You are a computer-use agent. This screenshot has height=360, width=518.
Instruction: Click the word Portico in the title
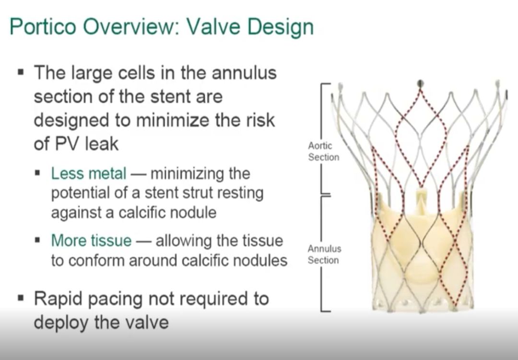(43, 26)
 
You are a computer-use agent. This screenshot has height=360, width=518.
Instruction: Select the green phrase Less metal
(89, 173)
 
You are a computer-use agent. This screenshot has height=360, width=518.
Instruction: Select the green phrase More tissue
(91, 240)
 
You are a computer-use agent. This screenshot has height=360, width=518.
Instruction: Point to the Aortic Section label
(323, 151)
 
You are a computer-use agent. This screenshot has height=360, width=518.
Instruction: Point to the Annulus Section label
(324, 254)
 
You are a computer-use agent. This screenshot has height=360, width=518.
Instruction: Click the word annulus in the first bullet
(244, 73)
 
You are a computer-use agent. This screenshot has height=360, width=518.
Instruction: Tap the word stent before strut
(162, 193)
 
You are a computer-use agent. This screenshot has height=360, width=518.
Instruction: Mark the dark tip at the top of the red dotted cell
(420, 83)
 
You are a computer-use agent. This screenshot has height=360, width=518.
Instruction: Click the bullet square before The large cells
(21, 72)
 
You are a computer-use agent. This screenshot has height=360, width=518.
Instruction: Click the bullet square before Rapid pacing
(21, 298)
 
